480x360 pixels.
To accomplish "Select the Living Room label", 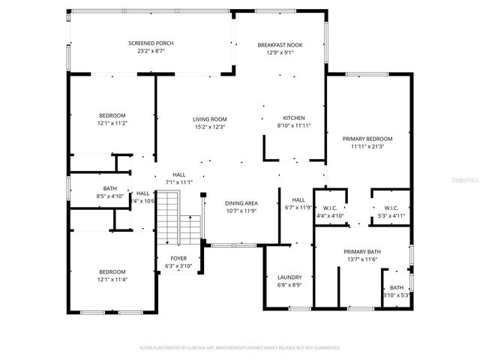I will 209,119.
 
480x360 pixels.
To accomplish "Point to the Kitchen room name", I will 293,118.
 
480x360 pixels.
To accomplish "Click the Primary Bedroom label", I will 367,139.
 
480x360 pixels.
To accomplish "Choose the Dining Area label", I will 241,203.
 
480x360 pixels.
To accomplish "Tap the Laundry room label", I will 289,277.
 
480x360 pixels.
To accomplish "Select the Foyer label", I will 168,258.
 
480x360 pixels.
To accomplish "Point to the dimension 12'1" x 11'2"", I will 112,123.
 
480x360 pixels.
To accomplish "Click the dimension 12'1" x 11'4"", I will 112,280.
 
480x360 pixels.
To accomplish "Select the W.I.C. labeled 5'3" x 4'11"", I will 390,208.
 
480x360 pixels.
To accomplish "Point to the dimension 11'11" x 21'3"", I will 367,147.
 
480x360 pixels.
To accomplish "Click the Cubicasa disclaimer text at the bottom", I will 240,348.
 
